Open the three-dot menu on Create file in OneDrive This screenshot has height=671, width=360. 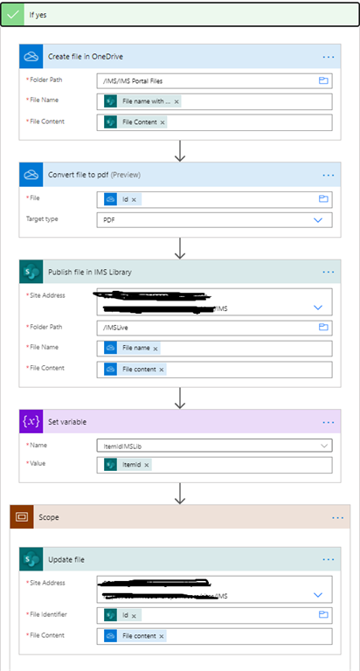[x=329, y=56]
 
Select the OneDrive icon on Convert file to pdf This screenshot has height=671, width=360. [x=31, y=175]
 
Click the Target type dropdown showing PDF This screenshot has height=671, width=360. [x=214, y=221]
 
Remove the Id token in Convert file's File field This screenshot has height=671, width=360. [x=135, y=199]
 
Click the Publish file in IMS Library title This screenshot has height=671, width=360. [x=90, y=272]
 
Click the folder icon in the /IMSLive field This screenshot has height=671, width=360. [x=322, y=327]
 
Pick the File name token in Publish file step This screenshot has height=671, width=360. [x=135, y=348]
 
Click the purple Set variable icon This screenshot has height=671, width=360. [x=31, y=422]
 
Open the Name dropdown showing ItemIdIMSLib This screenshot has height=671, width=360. [x=214, y=446]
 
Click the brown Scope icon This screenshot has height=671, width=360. [x=23, y=517]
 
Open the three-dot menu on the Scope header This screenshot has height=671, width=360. [x=338, y=517]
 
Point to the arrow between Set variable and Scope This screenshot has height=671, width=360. [x=179, y=495]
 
